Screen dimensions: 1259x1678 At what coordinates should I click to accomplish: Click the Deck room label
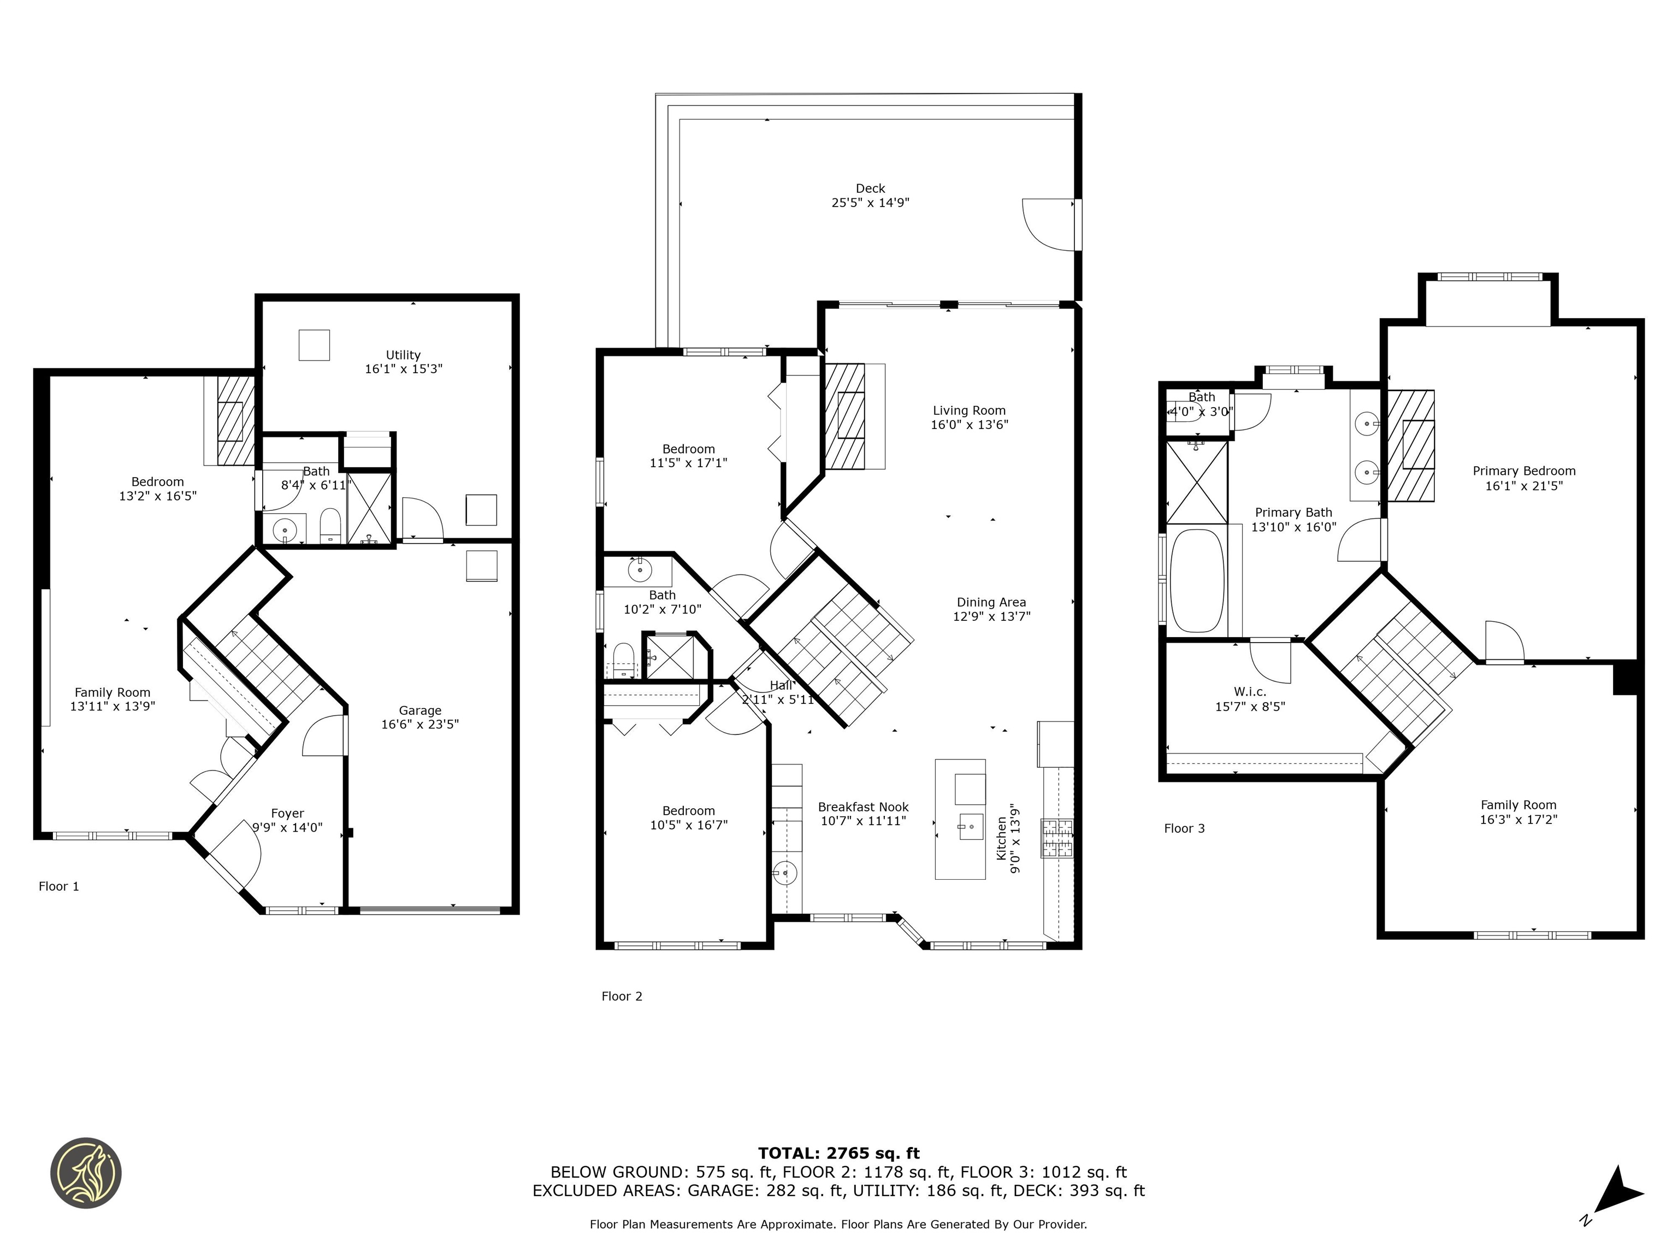point(870,188)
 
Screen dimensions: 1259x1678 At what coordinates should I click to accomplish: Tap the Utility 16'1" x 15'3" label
point(403,362)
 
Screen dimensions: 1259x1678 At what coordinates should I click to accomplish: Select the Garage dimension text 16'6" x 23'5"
point(419,724)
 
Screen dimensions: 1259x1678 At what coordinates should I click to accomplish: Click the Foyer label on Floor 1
point(287,813)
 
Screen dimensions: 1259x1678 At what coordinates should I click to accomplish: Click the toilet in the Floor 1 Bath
point(330,525)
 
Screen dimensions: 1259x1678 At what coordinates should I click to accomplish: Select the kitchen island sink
point(968,826)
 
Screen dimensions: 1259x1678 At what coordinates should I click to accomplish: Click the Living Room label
point(968,410)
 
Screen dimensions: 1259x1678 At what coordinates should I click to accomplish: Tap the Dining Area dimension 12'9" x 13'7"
point(991,616)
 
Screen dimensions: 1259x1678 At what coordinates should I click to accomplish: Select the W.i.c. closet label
point(1249,691)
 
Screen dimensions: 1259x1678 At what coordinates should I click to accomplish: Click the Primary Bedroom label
point(1523,470)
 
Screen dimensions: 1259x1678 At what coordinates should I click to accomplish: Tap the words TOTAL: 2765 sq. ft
point(838,1153)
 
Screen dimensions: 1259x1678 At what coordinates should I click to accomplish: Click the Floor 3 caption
point(1184,828)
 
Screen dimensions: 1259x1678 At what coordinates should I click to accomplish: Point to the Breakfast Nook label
point(862,807)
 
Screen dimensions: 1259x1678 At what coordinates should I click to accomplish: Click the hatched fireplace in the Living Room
point(844,416)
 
